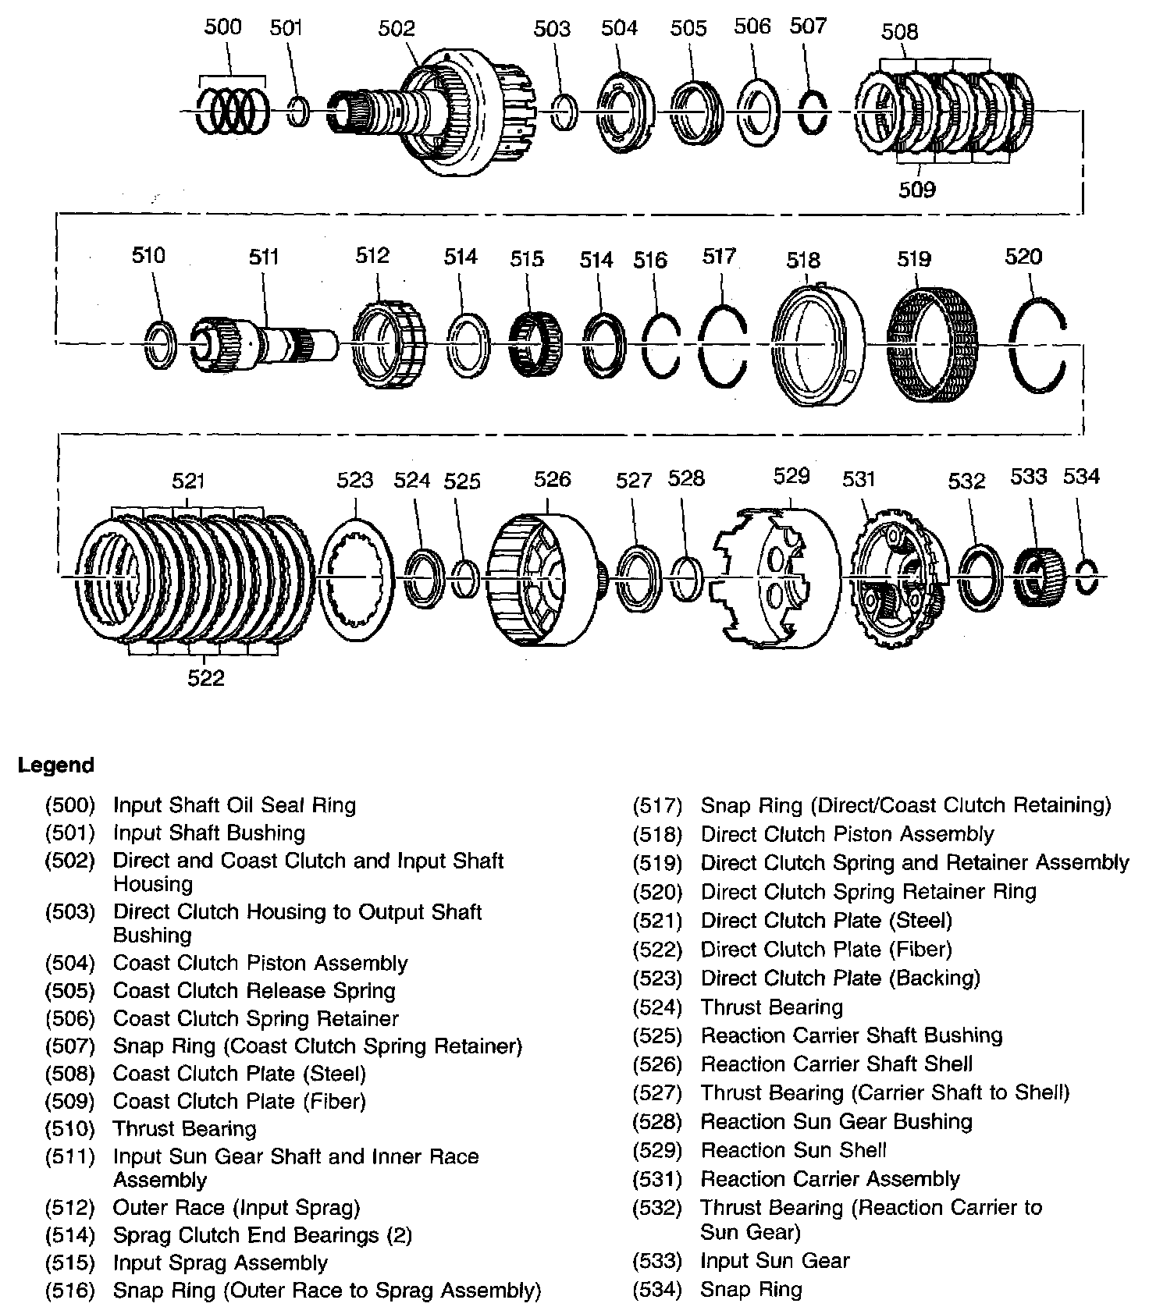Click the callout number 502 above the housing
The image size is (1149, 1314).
coord(397,29)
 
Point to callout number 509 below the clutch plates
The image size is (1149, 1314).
coord(916,190)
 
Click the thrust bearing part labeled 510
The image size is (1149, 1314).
coord(161,343)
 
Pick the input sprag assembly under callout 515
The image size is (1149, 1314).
coord(535,343)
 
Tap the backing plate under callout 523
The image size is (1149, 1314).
coord(356,577)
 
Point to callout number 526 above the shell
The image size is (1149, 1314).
coord(552,479)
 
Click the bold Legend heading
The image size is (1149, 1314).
coord(56,765)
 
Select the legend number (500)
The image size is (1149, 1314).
coord(69,805)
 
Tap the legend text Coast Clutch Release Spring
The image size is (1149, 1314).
coord(254,991)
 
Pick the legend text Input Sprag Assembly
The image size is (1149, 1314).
coord(220,1263)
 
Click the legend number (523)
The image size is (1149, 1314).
coord(657,978)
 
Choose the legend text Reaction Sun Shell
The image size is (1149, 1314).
coord(793,1150)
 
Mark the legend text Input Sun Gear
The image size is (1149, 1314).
coord(774,1260)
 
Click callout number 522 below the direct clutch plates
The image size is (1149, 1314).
coord(205,678)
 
